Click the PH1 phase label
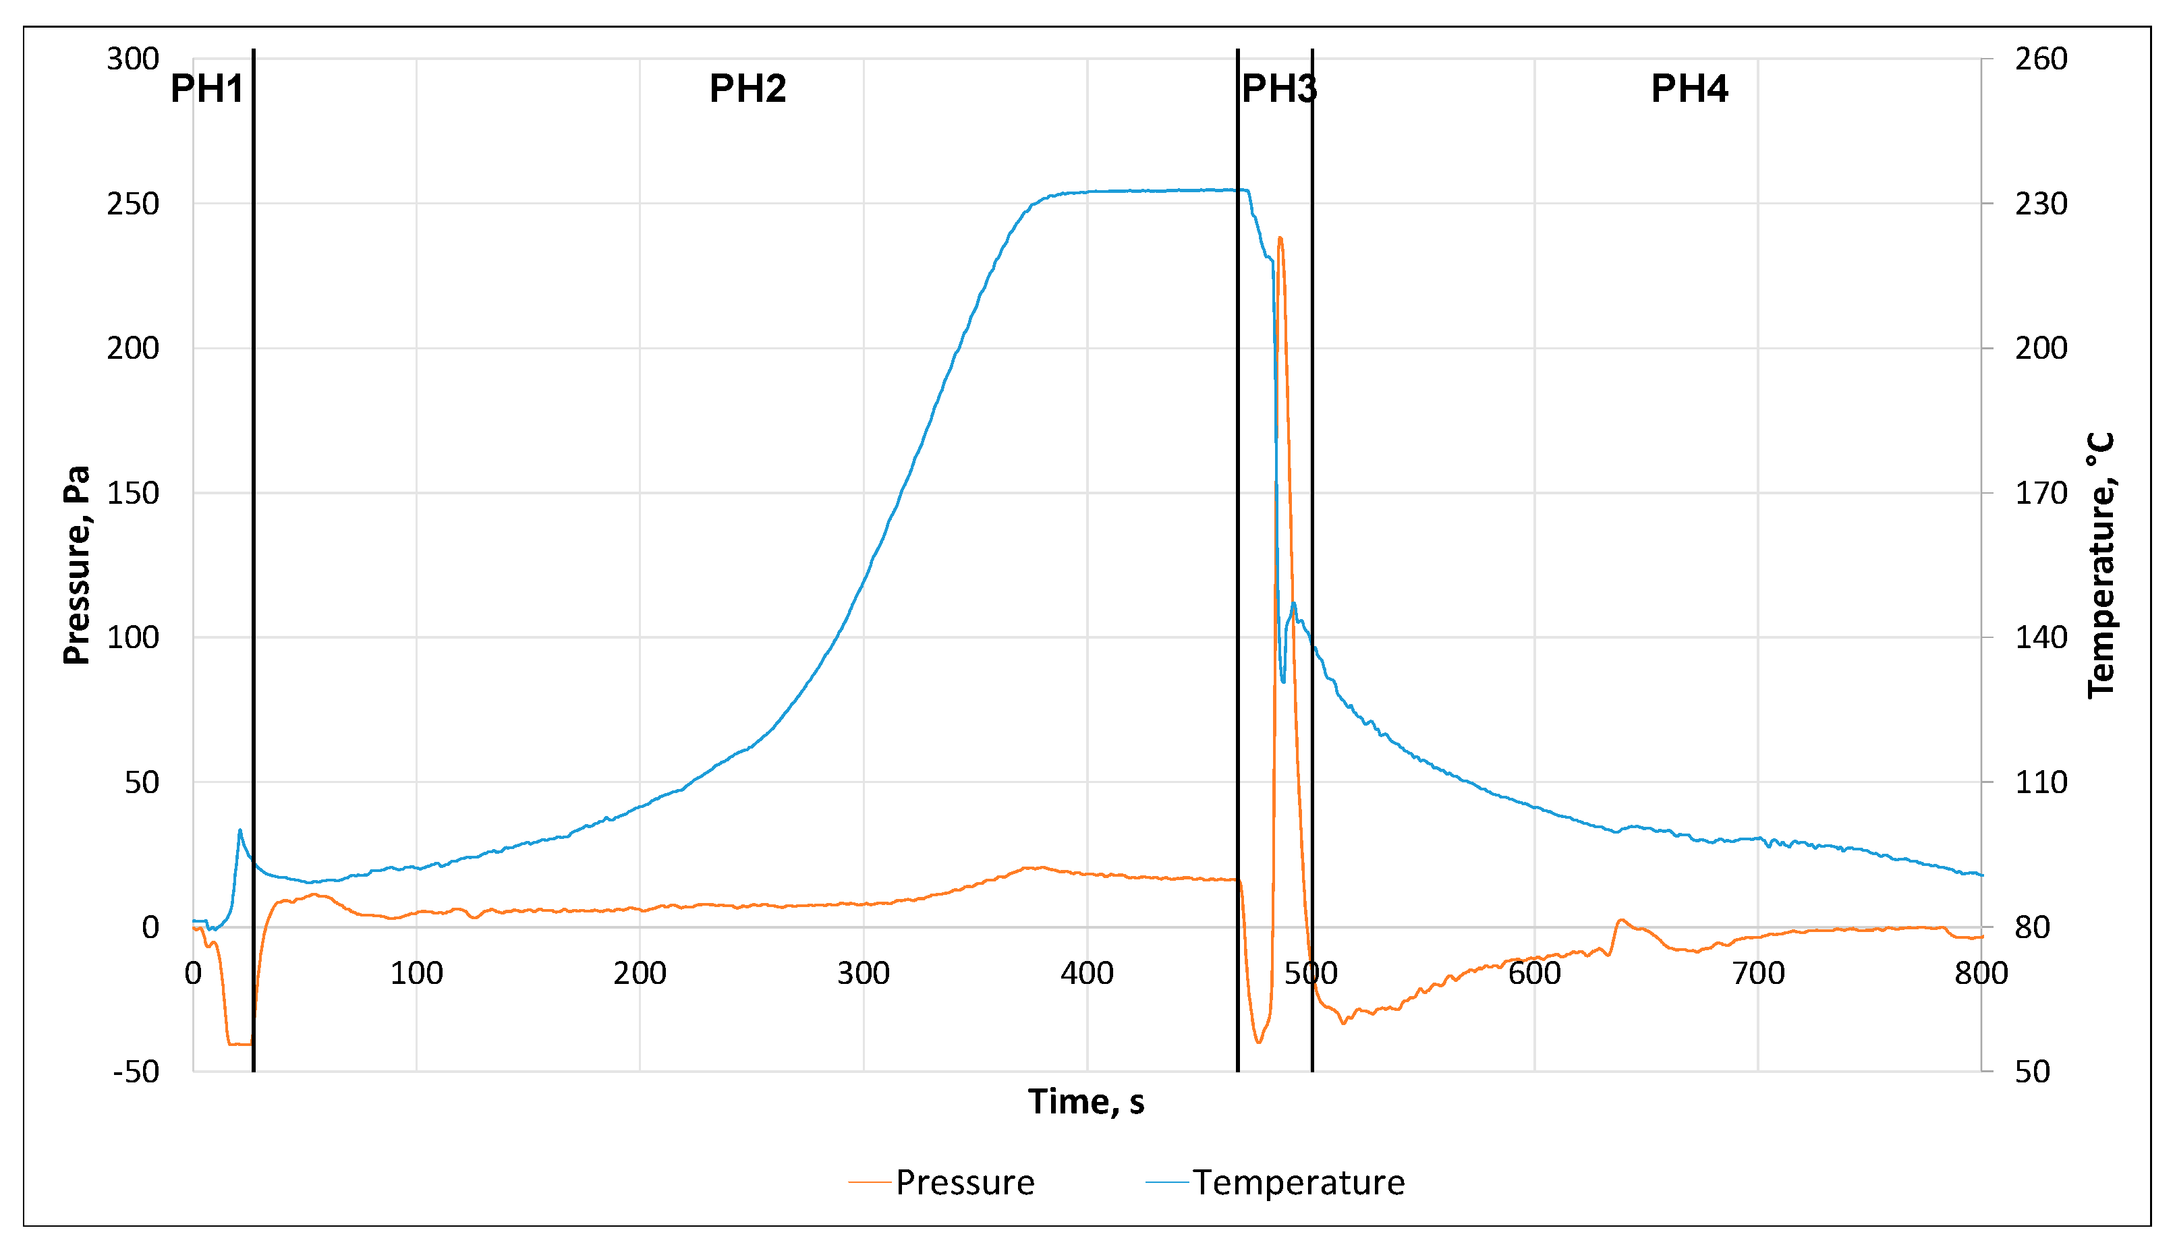pyautogui.click(x=207, y=88)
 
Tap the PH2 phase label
pyautogui.click(x=747, y=88)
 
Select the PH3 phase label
pyautogui.click(x=1278, y=88)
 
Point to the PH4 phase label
pyautogui.click(x=1689, y=88)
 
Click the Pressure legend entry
pyautogui.click(x=963, y=1182)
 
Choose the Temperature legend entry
pyautogui.click(x=1297, y=1182)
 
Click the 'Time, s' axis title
pyautogui.click(x=1086, y=1101)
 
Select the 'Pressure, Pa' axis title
pyautogui.click(x=76, y=564)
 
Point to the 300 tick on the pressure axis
pyautogui.click(x=133, y=59)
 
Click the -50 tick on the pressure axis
pyautogui.click(x=136, y=1072)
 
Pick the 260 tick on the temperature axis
pyautogui.click(x=2041, y=59)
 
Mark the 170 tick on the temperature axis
pyautogui.click(x=2041, y=493)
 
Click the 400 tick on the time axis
pyautogui.click(x=1086, y=973)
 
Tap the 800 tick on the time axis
pyautogui.click(x=1981, y=973)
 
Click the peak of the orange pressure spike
pyautogui.click(x=1280, y=238)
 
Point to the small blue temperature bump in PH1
pyautogui.click(x=239, y=830)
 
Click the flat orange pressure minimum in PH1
pyautogui.click(x=239, y=1044)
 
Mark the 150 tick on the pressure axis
pyautogui.click(x=133, y=493)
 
